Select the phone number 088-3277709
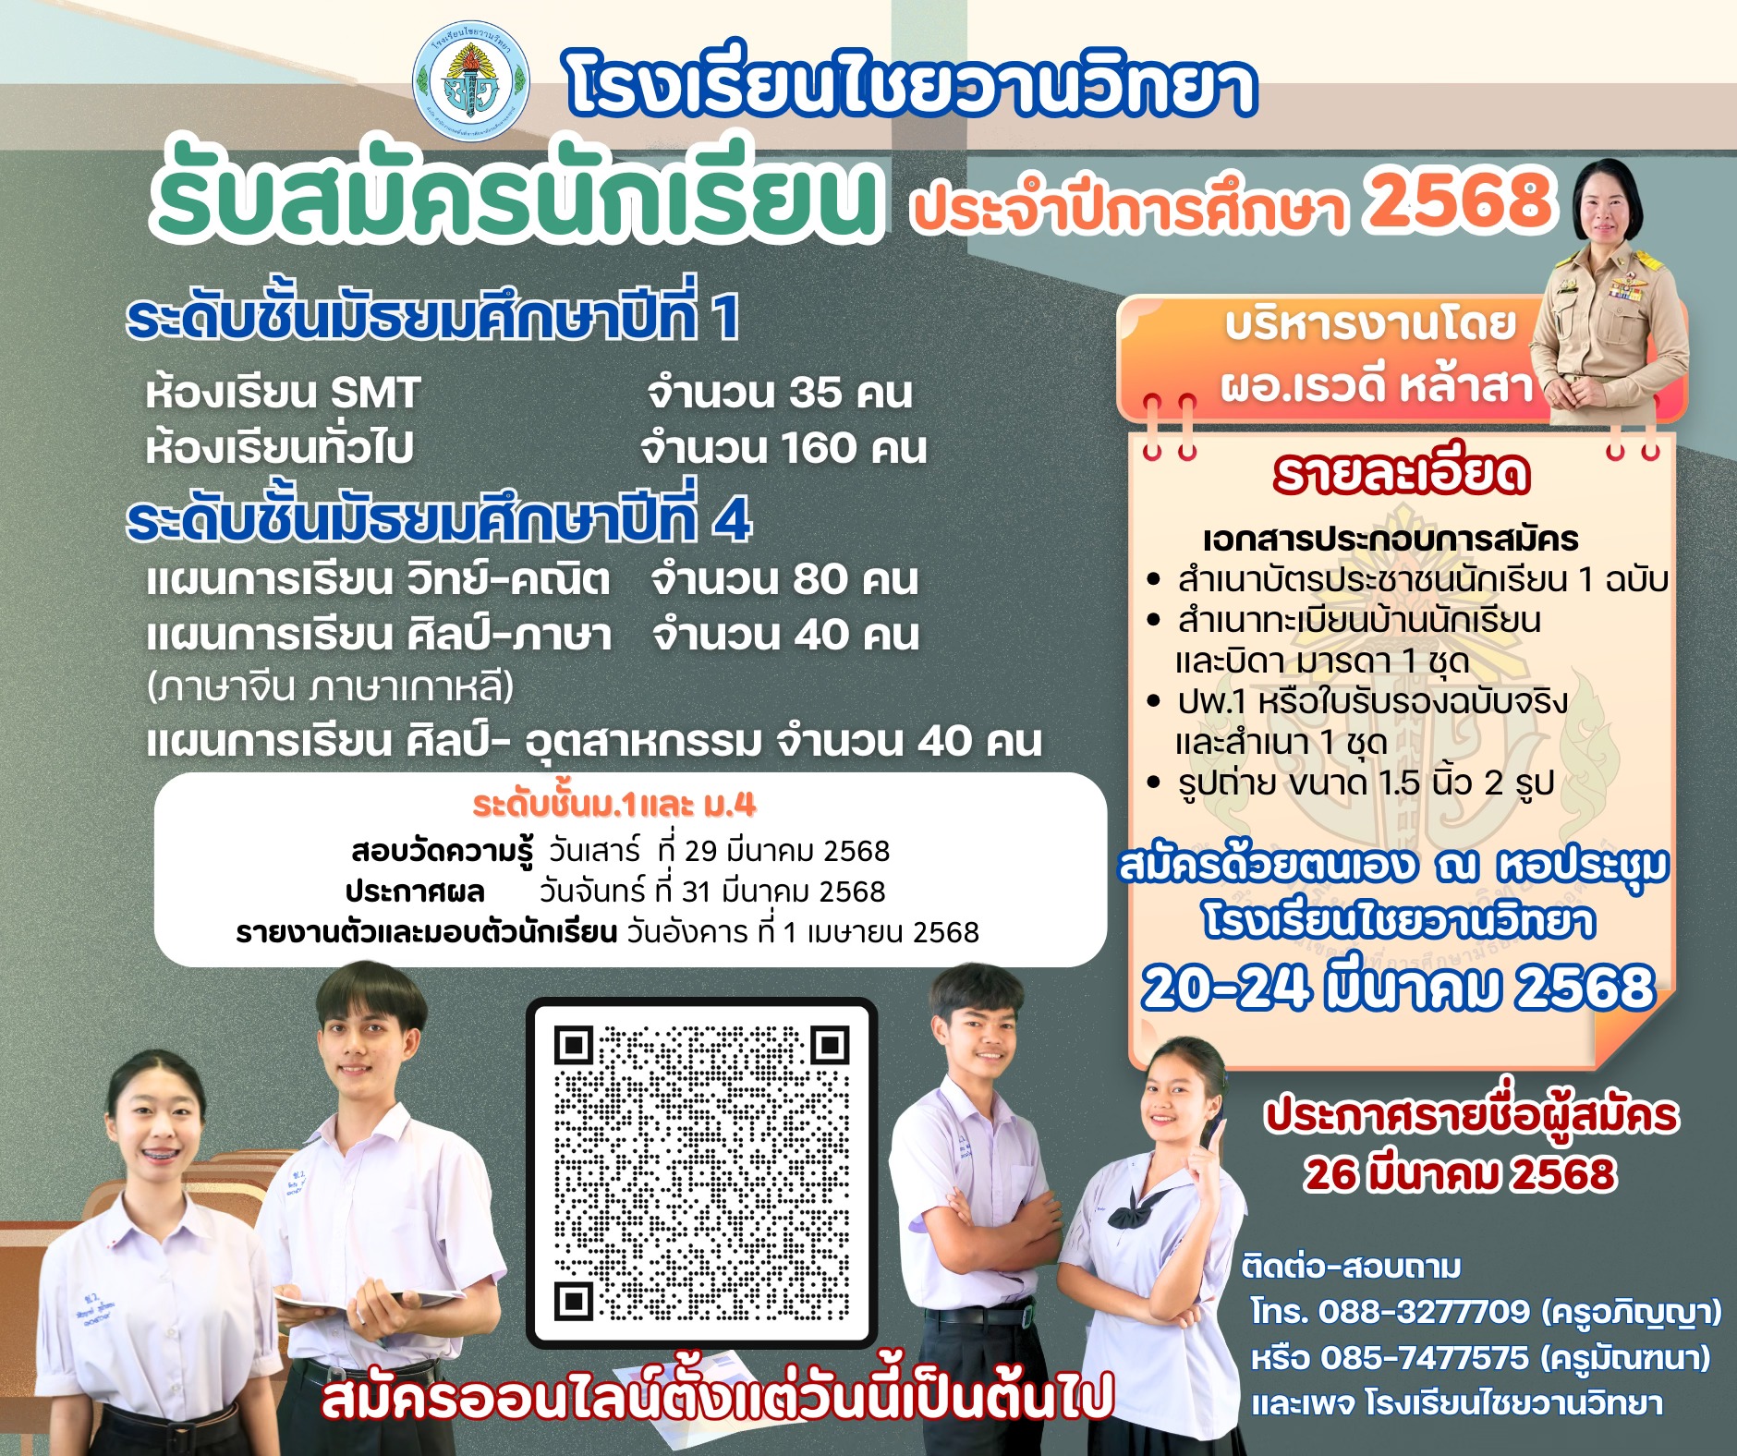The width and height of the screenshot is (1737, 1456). point(1424,1311)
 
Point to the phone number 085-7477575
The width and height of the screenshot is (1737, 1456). point(1424,1357)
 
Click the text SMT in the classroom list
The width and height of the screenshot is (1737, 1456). point(375,393)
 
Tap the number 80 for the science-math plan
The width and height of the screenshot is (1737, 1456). point(820,579)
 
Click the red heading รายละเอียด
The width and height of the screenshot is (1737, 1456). point(1401,473)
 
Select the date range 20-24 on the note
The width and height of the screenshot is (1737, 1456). point(1226,987)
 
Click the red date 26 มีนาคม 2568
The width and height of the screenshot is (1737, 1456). point(1460,1173)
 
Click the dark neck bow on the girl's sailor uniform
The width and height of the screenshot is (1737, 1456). point(1144,1212)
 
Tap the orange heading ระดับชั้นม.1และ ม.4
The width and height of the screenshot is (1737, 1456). point(614,806)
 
